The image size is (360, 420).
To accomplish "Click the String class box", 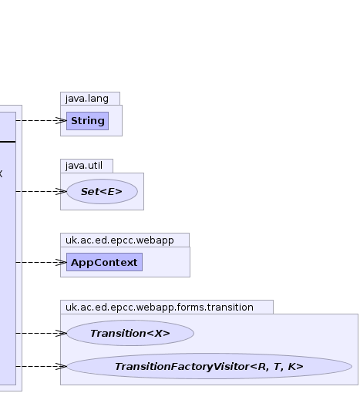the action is [x=88, y=121].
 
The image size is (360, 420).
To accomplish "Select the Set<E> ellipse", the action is [x=102, y=192].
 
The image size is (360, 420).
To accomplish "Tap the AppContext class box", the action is [x=105, y=262].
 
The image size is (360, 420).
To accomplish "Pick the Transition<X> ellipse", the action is [x=130, y=333].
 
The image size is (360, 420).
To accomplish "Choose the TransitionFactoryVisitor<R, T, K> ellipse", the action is [x=209, y=366].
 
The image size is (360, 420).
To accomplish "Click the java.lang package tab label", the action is [x=87, y=99].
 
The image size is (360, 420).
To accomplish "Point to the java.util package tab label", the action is [x=84, y=166].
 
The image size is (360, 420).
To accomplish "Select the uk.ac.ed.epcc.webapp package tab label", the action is [x=119, y=240].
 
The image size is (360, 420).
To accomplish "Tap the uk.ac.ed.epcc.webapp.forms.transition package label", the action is [x=160, y=307].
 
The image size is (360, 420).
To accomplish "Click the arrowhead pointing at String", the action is [x=62, y=120].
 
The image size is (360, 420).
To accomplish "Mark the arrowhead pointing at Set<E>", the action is [x=62, y=192].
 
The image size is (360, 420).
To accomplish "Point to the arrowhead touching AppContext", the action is [x=62, y=262].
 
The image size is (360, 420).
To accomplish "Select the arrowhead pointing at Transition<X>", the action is [x=62, y=333].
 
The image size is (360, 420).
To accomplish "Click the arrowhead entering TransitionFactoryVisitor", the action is [x=62, y=366].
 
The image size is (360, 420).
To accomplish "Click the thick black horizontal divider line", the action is [x=8, y=142].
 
